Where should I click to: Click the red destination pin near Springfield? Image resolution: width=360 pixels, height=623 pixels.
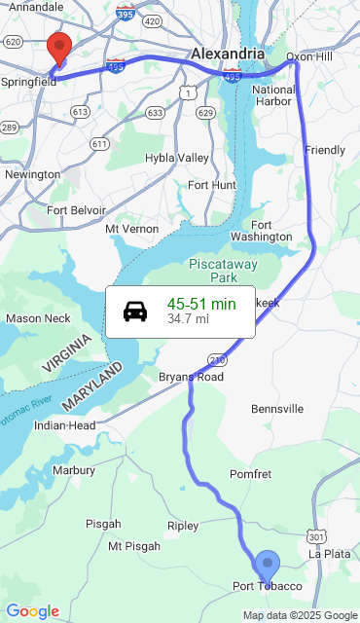click(59, 48)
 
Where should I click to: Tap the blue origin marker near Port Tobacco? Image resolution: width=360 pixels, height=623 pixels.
click(267, 566)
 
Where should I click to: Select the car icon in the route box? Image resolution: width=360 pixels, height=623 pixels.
click(136, 311)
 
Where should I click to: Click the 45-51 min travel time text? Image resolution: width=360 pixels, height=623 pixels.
click(201, 304)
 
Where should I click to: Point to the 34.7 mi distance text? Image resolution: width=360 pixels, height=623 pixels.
click(188, 318)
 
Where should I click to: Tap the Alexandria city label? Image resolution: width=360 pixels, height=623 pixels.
click(227, 53)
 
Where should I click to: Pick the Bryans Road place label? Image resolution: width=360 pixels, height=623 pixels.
click(191, 377)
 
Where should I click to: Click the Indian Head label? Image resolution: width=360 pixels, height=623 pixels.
click(64, 425)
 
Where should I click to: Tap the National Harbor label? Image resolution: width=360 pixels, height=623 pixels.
click(273, 95)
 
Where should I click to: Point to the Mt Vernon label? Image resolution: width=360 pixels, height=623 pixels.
click(131, 229)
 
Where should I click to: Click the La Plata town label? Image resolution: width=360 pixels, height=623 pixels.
click(328, 553)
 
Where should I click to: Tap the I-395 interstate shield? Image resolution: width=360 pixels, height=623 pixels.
click(124, 16)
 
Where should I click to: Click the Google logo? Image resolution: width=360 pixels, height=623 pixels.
click(32, 611)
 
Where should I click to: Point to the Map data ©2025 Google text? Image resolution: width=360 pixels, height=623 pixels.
click(300, 615)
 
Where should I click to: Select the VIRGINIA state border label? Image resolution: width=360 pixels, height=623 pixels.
click(67, 353)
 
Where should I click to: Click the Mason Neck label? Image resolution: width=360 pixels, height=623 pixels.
click(38, 318)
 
